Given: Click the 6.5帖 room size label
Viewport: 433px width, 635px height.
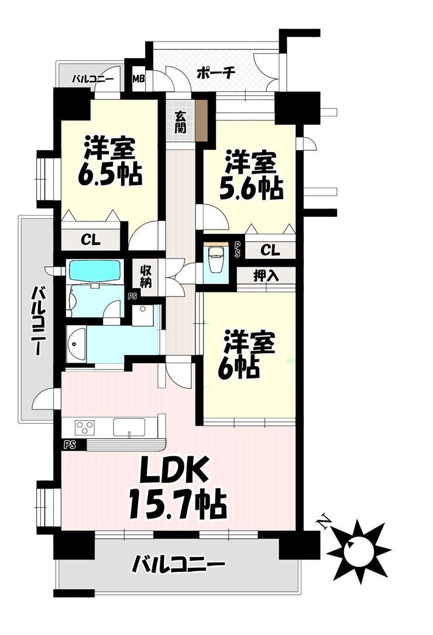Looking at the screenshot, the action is tap(109, 175).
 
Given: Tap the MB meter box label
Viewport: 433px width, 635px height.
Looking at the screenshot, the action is tap(139, 78).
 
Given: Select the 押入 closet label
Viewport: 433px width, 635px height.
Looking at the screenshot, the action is tap(266, 276).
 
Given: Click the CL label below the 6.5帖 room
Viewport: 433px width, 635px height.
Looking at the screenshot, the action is tap(90, 240).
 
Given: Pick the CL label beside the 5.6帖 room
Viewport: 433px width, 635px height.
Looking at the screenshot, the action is tap(270, 250).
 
